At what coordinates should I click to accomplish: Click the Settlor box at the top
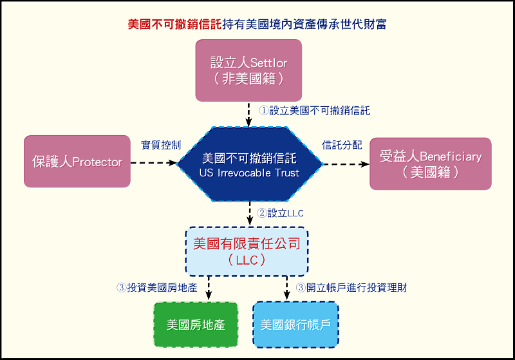(248, 70)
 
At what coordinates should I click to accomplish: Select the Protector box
(77, 162)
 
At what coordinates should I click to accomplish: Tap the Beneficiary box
(430, 164)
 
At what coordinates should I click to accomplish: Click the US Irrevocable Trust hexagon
(249, 164)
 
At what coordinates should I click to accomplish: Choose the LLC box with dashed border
(247, 251)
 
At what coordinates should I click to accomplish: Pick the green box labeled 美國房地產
(196, 325)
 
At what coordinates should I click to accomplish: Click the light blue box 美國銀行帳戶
(295, 325)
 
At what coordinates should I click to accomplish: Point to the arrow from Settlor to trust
(249, 115)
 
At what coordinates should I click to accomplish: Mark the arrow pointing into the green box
(209, 287)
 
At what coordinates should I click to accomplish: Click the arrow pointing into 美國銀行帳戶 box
(286, 287)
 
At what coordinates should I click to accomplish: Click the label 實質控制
(161, 145)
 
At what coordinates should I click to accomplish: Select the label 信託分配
(342, 145)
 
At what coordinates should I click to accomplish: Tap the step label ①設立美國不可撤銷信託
(314, 110)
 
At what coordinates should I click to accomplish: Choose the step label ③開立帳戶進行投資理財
(351, 288)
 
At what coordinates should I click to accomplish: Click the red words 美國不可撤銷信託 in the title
(174, 24)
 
